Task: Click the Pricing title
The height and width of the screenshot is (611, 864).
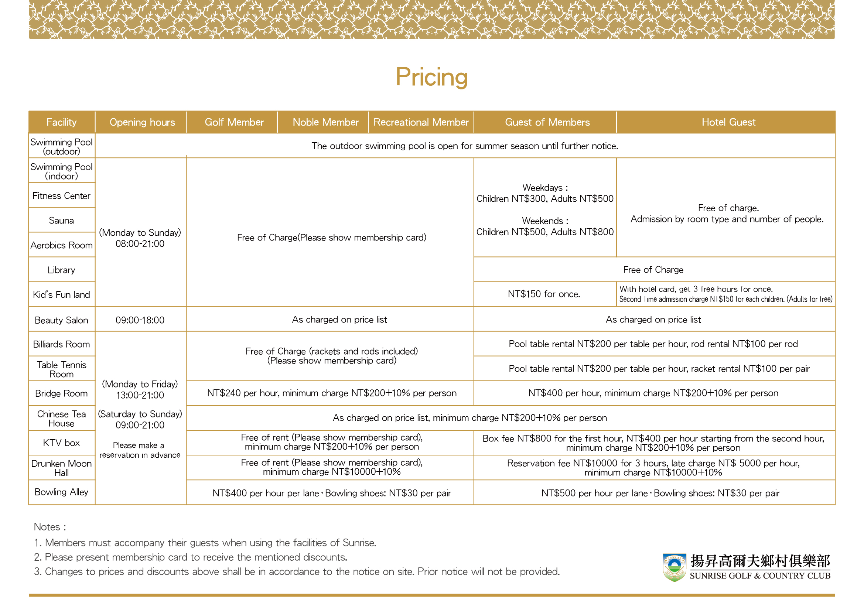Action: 431,77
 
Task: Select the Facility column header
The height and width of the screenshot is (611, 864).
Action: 61,122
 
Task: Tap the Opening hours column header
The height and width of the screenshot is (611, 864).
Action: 142,122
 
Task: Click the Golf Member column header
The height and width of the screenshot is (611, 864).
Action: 234,122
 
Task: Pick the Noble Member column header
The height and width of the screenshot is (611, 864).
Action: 325,122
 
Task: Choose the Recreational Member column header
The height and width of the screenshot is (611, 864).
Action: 421,122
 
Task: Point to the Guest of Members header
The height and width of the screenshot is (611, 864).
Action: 547,122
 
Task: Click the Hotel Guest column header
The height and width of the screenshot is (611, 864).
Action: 728,122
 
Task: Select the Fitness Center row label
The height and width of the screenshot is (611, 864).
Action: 61,196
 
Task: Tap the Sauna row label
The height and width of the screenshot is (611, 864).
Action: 61,221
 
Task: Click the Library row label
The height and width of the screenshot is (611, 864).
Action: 61,270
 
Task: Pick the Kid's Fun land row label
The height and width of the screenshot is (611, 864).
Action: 61,294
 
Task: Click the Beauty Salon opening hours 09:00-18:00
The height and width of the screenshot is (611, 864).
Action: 140,320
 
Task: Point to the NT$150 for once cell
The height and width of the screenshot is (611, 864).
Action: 544,294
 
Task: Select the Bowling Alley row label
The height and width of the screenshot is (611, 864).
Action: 61,492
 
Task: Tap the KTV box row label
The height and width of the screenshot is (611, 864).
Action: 61,443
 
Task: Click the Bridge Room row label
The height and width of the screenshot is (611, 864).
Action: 61,393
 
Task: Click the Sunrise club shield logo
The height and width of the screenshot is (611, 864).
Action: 674,567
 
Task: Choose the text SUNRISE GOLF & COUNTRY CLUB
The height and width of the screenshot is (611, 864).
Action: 760,576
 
